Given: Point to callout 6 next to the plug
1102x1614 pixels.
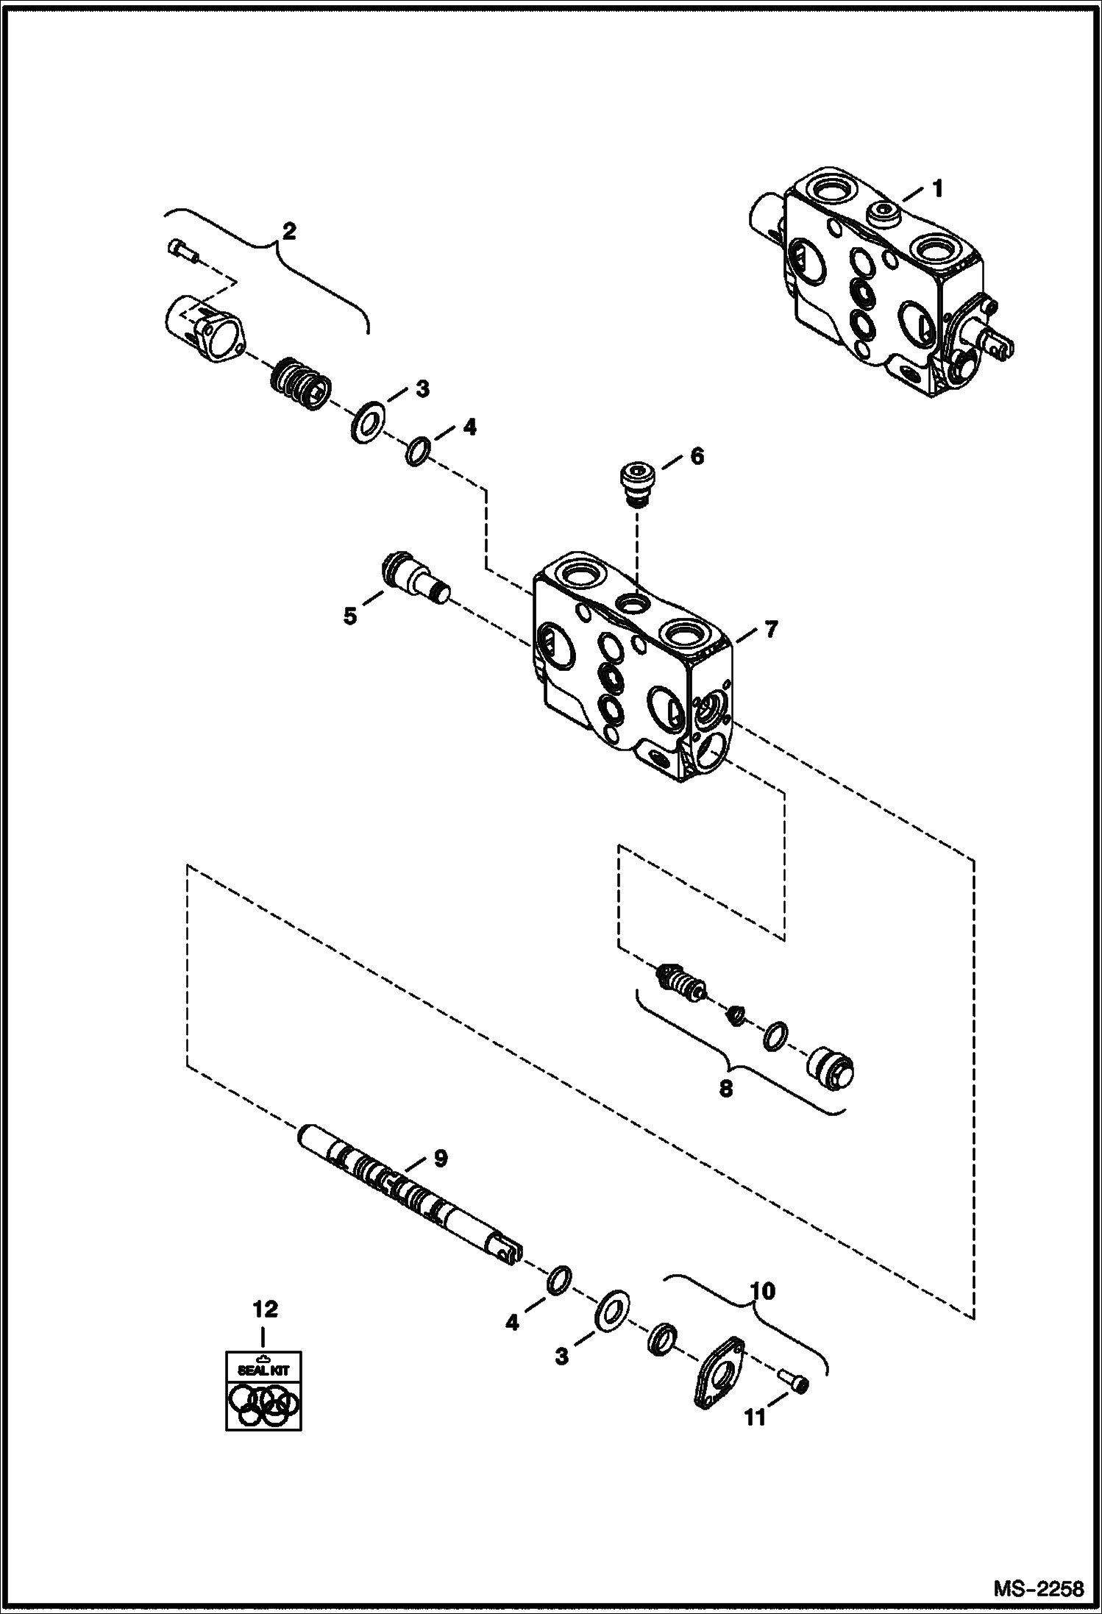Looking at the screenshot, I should click(696, 456).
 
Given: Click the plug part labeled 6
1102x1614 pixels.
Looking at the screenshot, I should click(637, 483).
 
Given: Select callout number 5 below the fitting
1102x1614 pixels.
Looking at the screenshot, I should click(350, 615).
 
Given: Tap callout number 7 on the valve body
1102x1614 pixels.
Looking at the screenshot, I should click(770, 629).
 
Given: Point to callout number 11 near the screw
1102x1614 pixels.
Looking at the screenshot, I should click(756, 1416).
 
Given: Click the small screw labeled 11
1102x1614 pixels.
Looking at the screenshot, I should click(794, 1384).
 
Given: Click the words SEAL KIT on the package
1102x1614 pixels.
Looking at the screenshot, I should click(263, 1370).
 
